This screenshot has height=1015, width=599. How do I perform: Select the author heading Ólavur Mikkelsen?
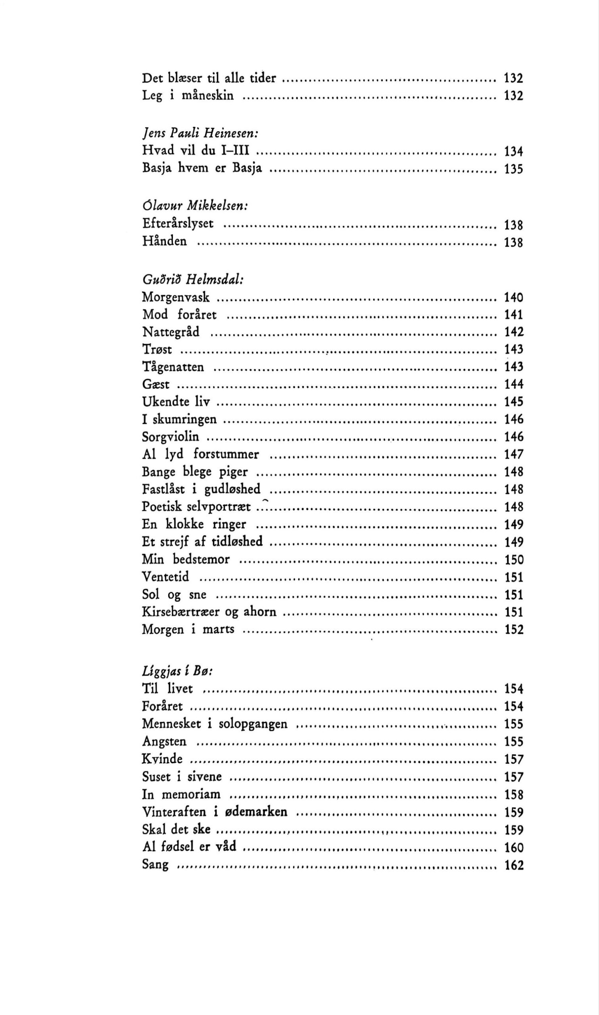194,206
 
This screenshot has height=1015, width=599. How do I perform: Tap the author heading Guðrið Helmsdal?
192,279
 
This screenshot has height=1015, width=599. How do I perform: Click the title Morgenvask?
176,298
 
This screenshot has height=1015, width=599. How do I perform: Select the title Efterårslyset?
178,224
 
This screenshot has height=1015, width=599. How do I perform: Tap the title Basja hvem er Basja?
202,167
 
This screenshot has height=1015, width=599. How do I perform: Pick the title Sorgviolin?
170,437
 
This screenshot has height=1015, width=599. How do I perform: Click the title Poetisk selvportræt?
196,506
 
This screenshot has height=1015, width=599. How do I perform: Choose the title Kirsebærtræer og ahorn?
209,612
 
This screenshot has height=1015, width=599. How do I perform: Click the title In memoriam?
181,794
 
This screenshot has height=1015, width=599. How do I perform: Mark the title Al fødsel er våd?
189,847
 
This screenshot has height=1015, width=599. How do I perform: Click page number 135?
513,168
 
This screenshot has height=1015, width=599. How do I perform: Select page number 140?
513,298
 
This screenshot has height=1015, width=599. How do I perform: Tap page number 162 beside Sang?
513,865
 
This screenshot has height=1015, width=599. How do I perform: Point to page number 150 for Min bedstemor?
513,559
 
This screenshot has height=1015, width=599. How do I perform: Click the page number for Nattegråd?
513,332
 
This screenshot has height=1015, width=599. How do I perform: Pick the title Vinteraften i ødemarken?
214,812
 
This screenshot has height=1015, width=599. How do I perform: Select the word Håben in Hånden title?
164,241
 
